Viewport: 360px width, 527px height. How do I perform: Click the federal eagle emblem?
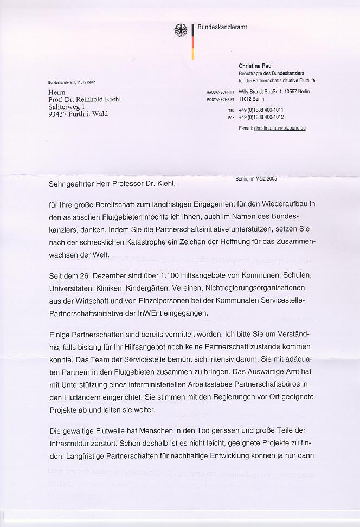click(181, 31)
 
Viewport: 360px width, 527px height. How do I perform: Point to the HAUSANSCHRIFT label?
click(220, 92)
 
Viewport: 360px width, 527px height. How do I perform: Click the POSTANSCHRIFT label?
click(220, 100)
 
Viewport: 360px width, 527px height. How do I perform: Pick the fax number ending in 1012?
click(261, 117)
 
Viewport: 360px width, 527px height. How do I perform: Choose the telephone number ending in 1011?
click(261, 110)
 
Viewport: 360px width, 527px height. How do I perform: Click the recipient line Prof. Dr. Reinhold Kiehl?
click(84, 99)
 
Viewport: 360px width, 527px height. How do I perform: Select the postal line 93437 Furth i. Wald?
click(78, 114)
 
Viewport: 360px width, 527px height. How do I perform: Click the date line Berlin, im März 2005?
click(256, 178)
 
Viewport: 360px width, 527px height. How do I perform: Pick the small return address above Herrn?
click(72, 82)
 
